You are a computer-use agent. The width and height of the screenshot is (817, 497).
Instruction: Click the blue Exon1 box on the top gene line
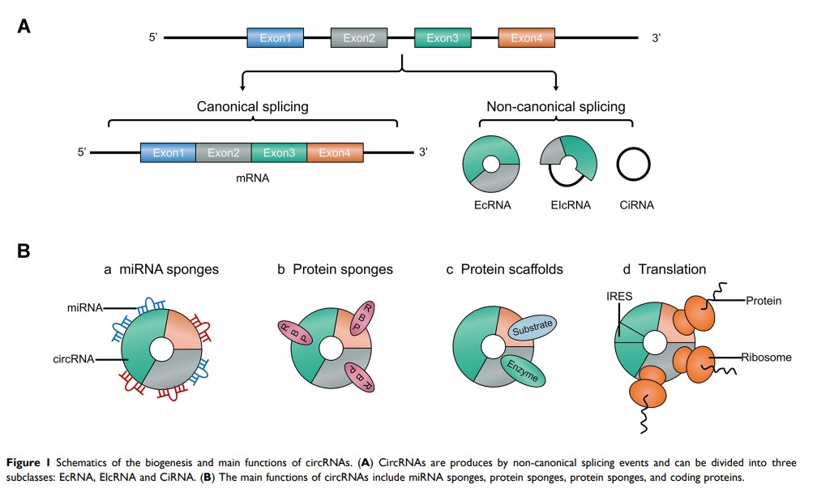coord(276,38)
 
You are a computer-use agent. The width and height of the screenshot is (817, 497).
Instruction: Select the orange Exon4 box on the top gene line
coord(527,38)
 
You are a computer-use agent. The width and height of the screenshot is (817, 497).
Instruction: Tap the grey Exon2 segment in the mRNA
coord(224,152)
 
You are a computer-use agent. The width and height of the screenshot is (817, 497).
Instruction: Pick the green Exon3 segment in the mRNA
coord(279,152)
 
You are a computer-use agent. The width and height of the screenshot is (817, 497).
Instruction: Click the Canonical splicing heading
coord(253,106)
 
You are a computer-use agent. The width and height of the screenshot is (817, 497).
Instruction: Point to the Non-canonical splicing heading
coord(555,106)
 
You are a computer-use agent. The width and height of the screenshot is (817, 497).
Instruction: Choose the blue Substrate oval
coord(532,327)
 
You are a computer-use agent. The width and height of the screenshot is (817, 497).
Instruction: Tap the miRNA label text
coord(85,307)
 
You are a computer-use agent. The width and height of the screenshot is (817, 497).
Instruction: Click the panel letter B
coord(24,249)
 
